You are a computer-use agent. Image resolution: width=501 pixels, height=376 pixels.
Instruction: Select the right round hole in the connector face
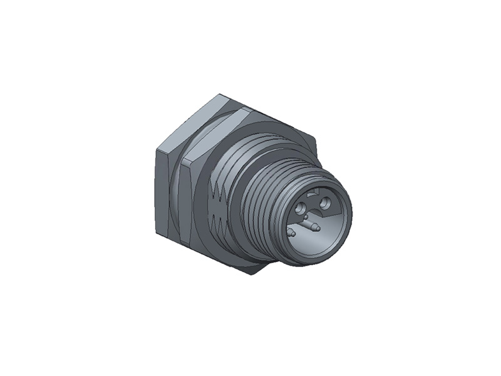click(326, 202)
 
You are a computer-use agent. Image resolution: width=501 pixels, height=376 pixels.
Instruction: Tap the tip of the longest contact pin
click(317, 227)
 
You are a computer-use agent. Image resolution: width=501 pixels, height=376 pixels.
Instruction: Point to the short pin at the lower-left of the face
click(291, 233)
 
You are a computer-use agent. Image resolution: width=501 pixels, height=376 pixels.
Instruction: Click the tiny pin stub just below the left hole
click(305, 218)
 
